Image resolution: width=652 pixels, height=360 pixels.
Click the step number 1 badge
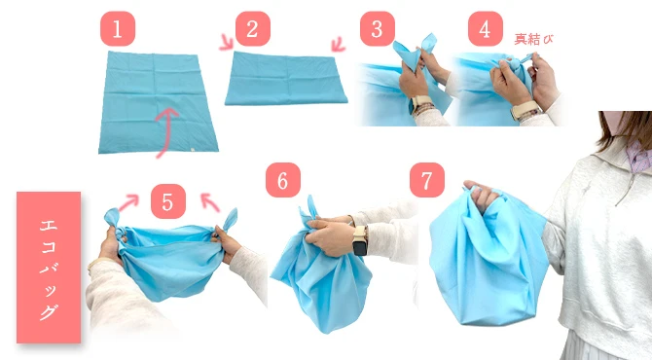[118, 28]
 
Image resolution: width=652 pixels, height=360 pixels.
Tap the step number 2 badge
[253, 28]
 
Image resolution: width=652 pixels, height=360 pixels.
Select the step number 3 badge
[378, 28]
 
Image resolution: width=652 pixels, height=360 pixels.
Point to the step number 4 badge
[486, 28]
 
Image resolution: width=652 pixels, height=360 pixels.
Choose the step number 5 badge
[168, 201]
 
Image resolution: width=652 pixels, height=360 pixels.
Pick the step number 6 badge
[283, 180]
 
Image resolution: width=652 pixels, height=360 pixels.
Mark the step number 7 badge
[427, 180]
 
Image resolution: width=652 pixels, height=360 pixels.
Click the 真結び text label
[534, 40]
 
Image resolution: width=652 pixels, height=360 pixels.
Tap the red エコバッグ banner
[49, 268]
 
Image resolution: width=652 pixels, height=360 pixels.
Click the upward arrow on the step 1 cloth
[164, 132]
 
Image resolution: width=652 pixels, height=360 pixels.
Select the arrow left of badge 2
[227, 43]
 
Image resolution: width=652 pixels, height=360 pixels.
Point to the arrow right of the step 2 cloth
[338, 44]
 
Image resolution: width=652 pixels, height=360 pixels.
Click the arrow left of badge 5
[128, 202]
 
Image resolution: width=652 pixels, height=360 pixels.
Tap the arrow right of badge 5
[210, 202]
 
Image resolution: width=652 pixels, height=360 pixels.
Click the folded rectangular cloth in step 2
[286, 79]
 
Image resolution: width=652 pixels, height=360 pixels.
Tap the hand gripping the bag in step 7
[481, 196]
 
